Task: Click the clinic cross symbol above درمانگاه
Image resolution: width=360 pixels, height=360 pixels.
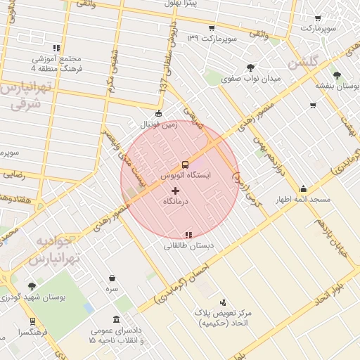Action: (x=175, y=191)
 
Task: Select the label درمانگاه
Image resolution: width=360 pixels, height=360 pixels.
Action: (x=175, y=202)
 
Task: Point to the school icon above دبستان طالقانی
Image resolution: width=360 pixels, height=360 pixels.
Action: (x=188, y=235)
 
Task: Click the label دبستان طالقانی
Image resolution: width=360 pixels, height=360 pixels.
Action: (x=188, y=246)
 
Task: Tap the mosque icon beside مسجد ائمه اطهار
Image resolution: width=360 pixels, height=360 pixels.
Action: (x=303, y=188)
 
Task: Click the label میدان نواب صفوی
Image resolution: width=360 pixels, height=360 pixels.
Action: (x=251, y=79)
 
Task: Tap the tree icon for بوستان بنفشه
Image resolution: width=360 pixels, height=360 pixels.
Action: (x=337, y=75)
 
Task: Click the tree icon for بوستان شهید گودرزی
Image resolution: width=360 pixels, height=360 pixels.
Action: (x=32, y=286)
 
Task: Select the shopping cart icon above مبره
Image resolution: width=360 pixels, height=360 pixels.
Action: (x=112, y=278)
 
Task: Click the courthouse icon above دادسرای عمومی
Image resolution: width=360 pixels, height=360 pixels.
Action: (x=116, y=320)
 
